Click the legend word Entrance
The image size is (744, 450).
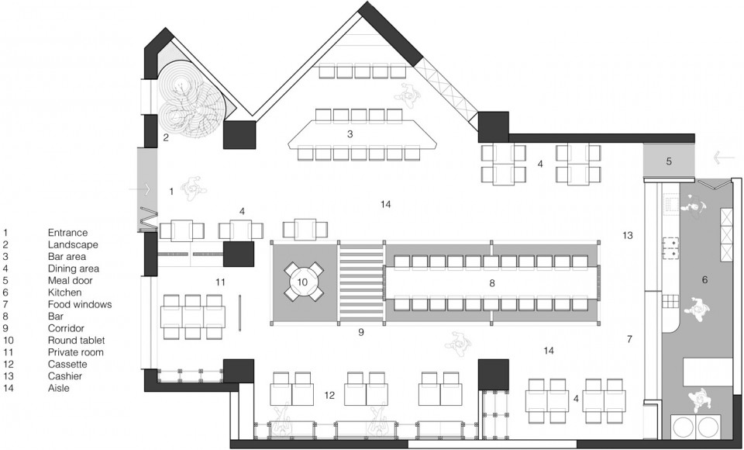(68, 233)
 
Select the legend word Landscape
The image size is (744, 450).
(73, 244)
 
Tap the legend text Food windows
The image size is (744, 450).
(80, 304)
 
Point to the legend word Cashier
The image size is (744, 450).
(65, 376)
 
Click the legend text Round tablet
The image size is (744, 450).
(77, 341)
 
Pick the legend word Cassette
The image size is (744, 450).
(67, 364)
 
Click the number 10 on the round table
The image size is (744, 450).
(302, 282)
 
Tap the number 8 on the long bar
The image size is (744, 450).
(492, 283)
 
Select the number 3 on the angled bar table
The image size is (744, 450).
(350, 134)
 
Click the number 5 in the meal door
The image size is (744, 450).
(669, 161)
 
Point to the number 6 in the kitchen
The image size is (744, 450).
(704, 280)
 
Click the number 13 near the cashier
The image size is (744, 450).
(628, 235)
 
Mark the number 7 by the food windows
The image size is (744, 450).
(629, 339)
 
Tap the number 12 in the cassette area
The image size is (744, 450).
(330, 395)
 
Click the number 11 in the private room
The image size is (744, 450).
(220, 282)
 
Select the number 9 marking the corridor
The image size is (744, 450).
(361, 332)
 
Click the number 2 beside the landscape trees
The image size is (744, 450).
(166, 138)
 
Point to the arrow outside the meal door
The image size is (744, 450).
(724, 157)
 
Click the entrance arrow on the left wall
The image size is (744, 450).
(139, 189)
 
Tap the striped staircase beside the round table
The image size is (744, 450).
(362, 284)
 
